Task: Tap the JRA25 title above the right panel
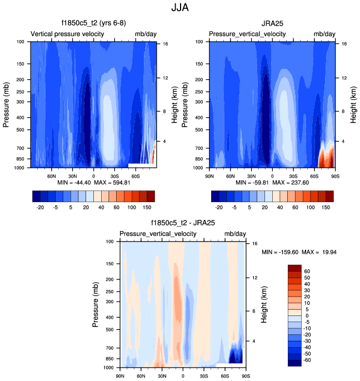point(272,23)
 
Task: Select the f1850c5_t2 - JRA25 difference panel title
point(183,223)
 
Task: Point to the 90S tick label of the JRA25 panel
point(333,176)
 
